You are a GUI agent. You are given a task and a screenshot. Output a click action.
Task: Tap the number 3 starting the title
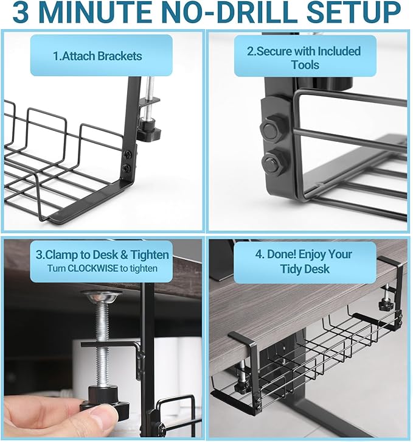23,13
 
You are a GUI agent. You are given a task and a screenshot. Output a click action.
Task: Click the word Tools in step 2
305,65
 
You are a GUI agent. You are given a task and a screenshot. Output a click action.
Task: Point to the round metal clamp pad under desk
100,296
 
